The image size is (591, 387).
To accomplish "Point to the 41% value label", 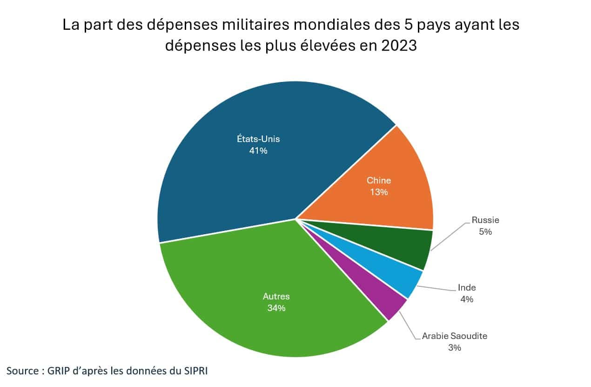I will [258, 150].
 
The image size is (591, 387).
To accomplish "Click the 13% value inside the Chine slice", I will [379, 192].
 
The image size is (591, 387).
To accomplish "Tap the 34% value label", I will [276, 308].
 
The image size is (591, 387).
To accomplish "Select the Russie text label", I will [485, 220].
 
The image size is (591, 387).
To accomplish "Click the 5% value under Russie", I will [485, 231].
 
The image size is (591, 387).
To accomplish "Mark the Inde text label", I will [467, 288].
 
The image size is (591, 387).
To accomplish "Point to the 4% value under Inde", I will [467, 299].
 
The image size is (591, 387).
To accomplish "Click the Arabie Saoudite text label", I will [455, 336].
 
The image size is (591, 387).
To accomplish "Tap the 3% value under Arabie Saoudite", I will [455, 347].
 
